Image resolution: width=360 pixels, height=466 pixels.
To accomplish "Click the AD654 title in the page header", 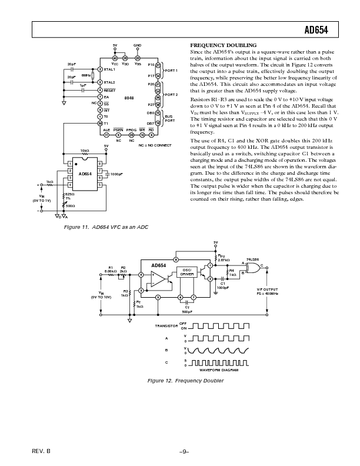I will (x=316, y=30).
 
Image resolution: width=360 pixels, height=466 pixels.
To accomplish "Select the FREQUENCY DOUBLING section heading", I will (x=224, y=45).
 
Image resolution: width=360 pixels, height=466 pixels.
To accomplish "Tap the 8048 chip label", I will (x=129, y=98).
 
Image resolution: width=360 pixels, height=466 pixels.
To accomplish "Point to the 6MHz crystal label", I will (x=86, y=75).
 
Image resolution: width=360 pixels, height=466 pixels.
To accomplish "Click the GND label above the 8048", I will (x=137, y=45).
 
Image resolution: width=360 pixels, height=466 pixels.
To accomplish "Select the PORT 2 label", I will (x=171, y=94).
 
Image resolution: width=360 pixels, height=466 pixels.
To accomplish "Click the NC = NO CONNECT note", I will (x=155, y=145).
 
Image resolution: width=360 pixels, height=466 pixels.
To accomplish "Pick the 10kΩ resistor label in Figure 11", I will (x=84, y=151).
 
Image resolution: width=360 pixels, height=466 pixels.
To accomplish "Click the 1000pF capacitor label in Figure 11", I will (x=116, y=174).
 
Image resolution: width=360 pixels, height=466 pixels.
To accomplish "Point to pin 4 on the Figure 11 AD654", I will (x=70, y=185).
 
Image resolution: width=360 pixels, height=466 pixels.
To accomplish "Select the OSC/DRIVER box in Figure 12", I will (x=187, y=272).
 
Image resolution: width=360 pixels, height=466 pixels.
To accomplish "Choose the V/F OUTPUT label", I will (x=267, y=289).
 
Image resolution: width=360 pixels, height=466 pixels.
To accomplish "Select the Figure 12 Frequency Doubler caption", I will (x=194, y=381).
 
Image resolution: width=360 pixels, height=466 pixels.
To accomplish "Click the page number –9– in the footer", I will (x=183, y=451).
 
